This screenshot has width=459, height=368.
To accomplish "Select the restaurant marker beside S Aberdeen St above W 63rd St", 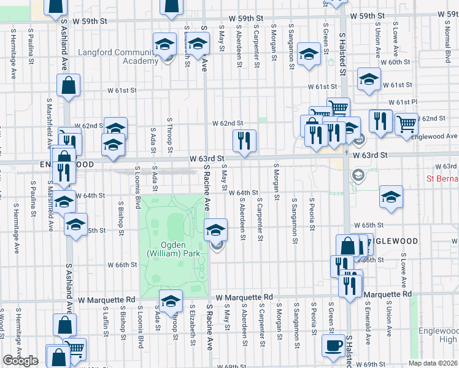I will (x=244, y=141).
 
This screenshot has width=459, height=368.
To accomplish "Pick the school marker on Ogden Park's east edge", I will (x=215, y=231).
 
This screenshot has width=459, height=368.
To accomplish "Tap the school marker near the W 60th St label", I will (x=307, y=53).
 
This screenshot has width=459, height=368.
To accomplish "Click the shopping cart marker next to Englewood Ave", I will (x=406, y=124).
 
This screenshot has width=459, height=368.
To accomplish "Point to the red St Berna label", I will (x=442, y=178).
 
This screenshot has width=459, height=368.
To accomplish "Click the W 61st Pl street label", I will (x=403, y=102).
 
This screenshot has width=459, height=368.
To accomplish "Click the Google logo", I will (x=20, y=361).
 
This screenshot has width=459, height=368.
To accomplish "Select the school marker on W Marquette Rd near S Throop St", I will (x=171, y=301).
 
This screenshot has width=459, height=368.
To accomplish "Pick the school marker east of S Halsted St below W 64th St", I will (x=391, y=197).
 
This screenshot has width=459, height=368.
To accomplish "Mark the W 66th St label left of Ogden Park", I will (x=121, y=265).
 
